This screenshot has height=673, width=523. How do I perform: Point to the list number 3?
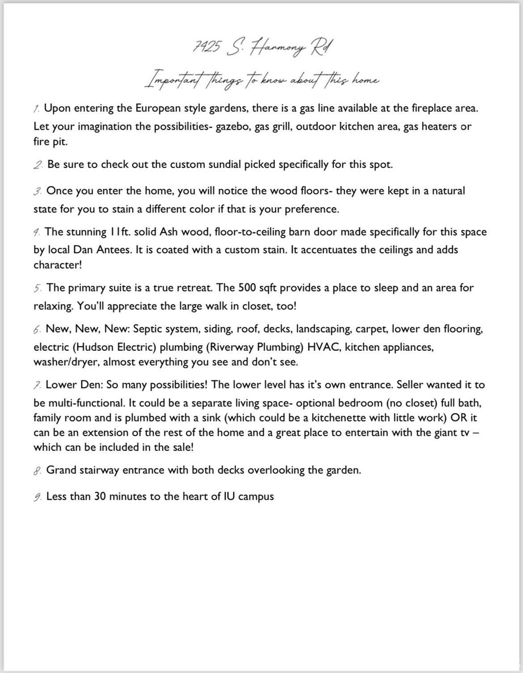pyautogui.click(x=37, y=191)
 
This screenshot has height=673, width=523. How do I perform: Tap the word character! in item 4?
pyautogui.click(x=58, y=265)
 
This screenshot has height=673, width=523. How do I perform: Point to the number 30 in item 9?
pyautogui.click(x=100, y=496)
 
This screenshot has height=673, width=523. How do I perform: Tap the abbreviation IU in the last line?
pyautogui.click(x=229, y=496)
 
